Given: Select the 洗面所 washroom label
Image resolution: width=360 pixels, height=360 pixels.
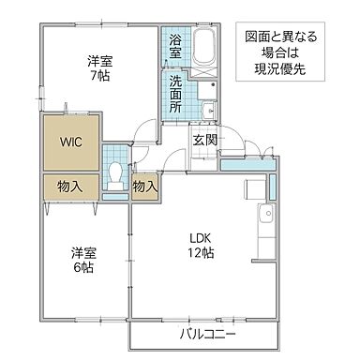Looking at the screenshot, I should (x=175, y=94).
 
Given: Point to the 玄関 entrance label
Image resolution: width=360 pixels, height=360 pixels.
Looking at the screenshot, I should (x=205, y=140).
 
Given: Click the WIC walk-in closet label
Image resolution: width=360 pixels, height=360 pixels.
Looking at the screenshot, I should (x=71, y=142).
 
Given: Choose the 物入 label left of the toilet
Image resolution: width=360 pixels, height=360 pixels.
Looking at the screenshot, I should (x=70, y=186).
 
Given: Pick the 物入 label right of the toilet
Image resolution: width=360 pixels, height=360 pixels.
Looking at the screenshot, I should (x=144, y=187).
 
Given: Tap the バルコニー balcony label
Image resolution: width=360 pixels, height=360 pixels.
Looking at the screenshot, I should (x=207, y=334).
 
